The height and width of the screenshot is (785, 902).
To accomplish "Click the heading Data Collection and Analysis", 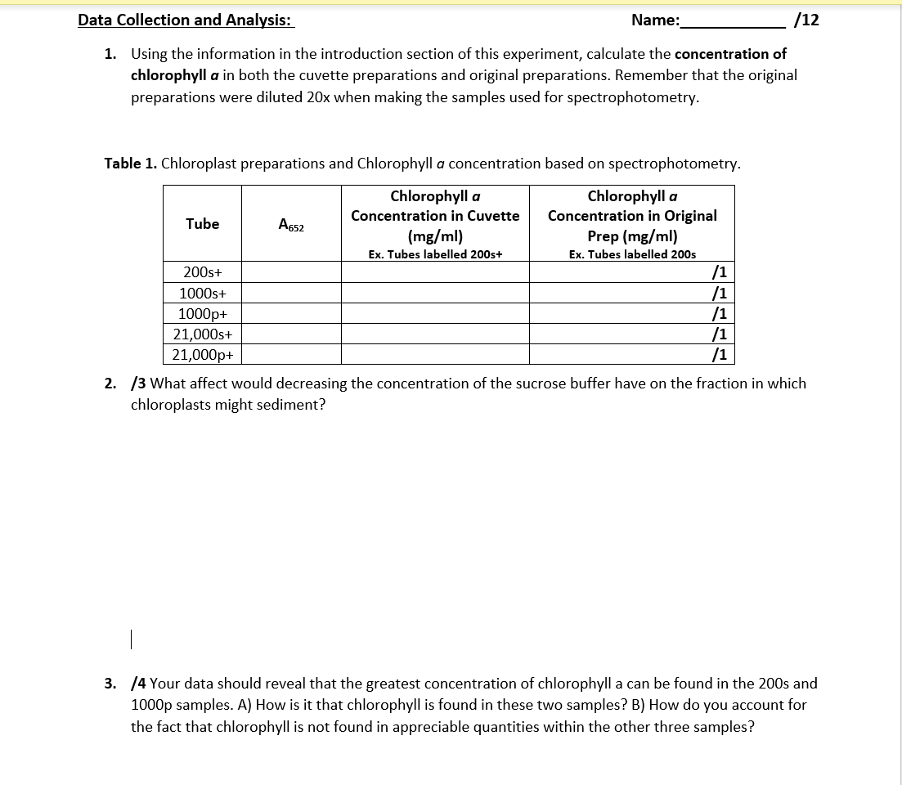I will click(x=185, y=20).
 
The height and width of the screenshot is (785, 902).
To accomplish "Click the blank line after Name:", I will click(x=733, y=22).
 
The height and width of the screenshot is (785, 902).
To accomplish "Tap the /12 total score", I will click(x=806, y=20).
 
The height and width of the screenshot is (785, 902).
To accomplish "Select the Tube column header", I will click(x=202, y=223).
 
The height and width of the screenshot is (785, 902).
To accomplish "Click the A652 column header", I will click(x=290, y=224).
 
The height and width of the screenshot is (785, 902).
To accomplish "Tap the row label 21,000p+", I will click(x=202, y=354).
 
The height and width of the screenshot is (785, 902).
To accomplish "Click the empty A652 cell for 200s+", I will click(x=290, y=271).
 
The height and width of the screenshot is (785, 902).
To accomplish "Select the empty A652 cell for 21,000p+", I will click(x=290, y=354).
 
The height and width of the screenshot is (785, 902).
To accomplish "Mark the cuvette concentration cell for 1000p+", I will click(x=434, y=313).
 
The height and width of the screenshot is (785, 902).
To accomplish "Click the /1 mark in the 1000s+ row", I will click(x=720, y=293).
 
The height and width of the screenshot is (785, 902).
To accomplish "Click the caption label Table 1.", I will click(x=131, y=164).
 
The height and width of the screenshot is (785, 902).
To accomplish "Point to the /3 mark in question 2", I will click(x=139, y=384).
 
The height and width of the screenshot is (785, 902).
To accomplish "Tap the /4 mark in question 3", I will click(x=139, y=684).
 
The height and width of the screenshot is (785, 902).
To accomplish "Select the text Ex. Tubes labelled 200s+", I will click(x=434, y=254).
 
